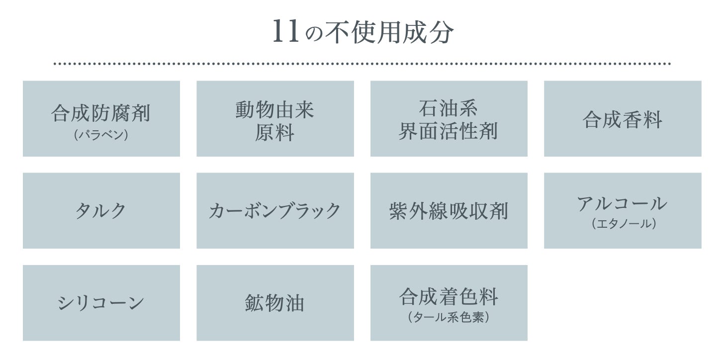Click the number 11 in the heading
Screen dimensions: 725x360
click(286, 32)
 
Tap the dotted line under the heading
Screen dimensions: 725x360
click(362, 64)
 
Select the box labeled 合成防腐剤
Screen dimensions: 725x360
click(101, 119)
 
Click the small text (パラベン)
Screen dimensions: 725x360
click(101, 134)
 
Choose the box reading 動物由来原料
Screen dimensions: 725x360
click(275, 119)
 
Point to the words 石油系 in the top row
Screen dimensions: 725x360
click(448, 108)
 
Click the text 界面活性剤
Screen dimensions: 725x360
click(448, 131)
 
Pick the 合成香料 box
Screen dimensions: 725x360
click(622, 119)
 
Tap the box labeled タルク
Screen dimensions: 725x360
click(101, 211)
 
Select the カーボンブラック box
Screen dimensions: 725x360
click(275, 211)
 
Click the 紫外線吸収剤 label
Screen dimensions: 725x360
click(449, 211)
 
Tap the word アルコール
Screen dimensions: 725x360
click(622, 203)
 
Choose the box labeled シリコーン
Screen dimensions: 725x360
click(101, 303)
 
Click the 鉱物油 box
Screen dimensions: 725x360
click(275, 303)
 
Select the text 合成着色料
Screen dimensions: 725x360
click(448, 297)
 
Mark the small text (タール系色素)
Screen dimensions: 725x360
click(448, 317)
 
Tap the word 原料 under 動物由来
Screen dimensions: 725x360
click(275, 132)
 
